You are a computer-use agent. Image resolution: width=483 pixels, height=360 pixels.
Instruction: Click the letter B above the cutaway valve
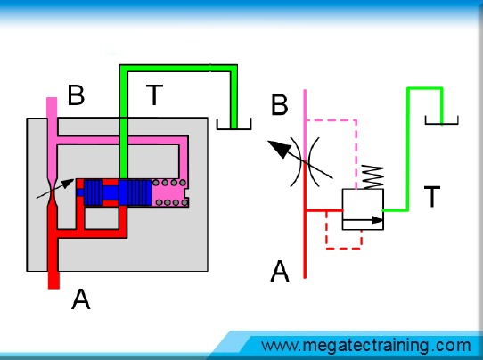tap(76, 94)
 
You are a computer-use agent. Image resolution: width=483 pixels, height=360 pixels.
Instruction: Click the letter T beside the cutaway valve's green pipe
tap(154, 94)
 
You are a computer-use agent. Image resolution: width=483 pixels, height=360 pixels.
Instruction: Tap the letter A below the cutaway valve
tap(81, 299)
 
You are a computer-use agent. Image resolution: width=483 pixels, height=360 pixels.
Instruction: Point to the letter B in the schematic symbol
tap(280, 105)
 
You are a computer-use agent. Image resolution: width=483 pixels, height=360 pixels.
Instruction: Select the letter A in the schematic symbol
tap(280, 271)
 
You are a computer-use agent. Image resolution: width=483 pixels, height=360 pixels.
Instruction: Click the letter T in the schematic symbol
tap(432, 196)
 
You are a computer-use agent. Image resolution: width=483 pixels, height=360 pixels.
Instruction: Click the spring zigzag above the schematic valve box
tap(372, 177)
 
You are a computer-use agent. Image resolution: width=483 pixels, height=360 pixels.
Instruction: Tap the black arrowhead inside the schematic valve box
tap(377, 220)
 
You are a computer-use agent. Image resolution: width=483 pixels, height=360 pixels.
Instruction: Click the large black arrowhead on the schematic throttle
tap(279, 148)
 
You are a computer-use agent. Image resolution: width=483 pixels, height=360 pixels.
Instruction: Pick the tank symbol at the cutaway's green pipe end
tap(233, 124)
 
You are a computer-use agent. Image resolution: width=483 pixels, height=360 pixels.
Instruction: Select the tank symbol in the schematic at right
tap(441, 120)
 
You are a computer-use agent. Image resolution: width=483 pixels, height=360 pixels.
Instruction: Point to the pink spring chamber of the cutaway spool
tap(170, 192)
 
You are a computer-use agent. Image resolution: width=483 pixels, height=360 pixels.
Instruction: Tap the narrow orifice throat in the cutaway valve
tap(52, 192)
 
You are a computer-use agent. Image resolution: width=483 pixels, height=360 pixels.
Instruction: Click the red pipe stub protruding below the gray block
tap(53, 280)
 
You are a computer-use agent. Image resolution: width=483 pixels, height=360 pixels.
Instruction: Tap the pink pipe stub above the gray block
tap(52, 108)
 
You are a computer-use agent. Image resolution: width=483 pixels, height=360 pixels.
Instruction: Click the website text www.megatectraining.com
tap(366, 346)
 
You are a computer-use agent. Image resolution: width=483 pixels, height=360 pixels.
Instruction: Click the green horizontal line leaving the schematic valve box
tap(396, 210)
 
